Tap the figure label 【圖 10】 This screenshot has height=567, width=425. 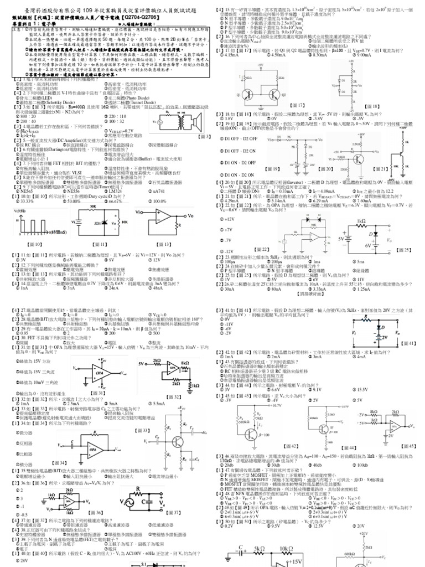point(34,244)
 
